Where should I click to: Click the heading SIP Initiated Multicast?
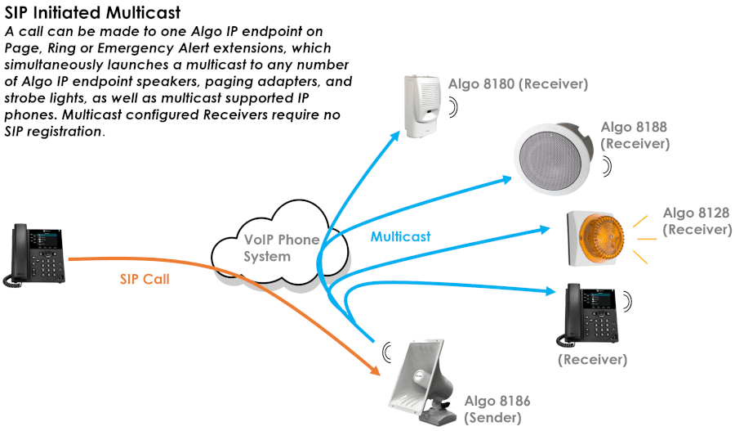[x=93, y=14]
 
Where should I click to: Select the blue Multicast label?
[x=400, y=237]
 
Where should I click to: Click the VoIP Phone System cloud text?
[x=281, y=248]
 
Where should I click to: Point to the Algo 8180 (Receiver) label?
[x=518, y=83]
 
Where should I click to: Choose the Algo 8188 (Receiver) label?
[x=635, y=135]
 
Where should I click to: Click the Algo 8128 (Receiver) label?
[x=696, y=221]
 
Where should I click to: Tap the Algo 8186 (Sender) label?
[x=497, y=409]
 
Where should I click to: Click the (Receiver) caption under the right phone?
[x=592, y=359]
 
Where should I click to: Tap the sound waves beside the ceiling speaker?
[x=607, y=166]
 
